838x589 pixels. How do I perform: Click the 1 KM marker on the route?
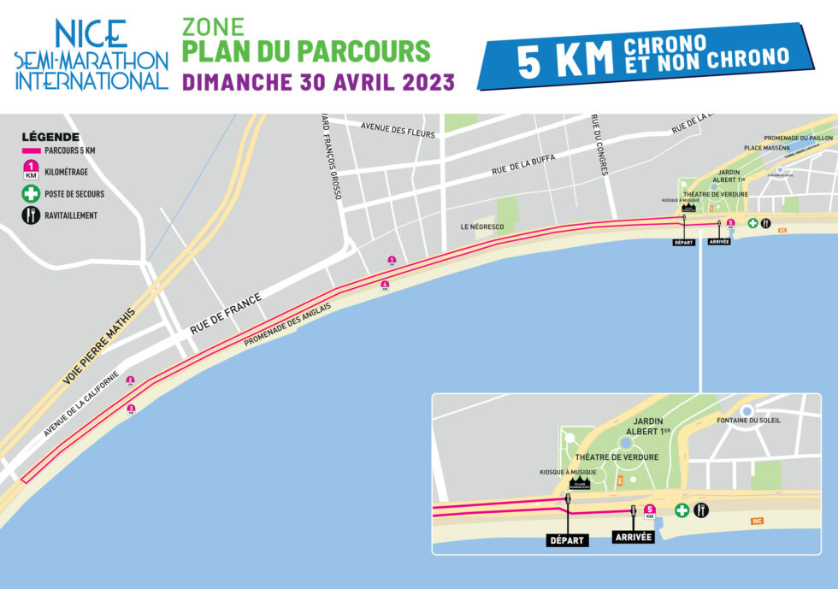(x=392, y=261)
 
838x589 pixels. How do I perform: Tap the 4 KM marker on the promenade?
(x=385, y=286)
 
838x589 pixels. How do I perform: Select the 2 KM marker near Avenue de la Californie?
(x=130, y=381)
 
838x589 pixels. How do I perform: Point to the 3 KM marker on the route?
(x=131, y=409)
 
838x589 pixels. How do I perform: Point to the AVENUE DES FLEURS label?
(x=398, y=130)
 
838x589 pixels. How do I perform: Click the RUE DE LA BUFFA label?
(x=522, y=164)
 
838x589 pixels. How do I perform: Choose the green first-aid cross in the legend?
(x=32, y=193)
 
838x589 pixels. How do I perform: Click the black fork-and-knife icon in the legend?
(x=32, y=215)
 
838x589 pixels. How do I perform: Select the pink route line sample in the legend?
(x=32, y=150)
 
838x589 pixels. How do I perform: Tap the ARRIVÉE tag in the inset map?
(x=634, y=538)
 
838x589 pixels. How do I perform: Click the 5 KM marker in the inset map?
(x=650, y=511)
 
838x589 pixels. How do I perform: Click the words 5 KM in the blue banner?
(x=566, y=61)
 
